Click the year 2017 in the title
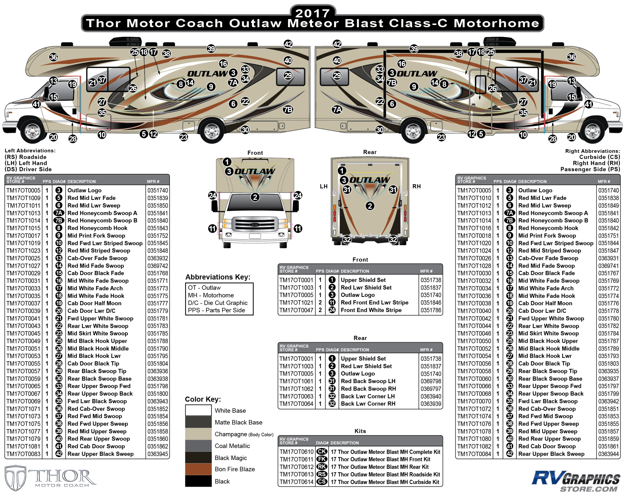click(312, 13)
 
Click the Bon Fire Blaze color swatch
click(198, 469)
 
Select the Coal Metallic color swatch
click(198, 446)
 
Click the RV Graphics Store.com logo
click(575, 481)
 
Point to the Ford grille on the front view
click(255, 225)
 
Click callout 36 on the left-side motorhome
click(53, 57)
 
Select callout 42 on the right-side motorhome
click(337, 44)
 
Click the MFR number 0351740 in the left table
click(158, 190)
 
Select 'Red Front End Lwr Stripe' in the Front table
click(374, 302)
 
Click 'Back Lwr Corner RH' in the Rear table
click(368, 404)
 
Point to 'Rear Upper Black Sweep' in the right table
click(551, 454)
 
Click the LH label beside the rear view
click(323, 186)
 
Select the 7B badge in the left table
click(58, 220)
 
